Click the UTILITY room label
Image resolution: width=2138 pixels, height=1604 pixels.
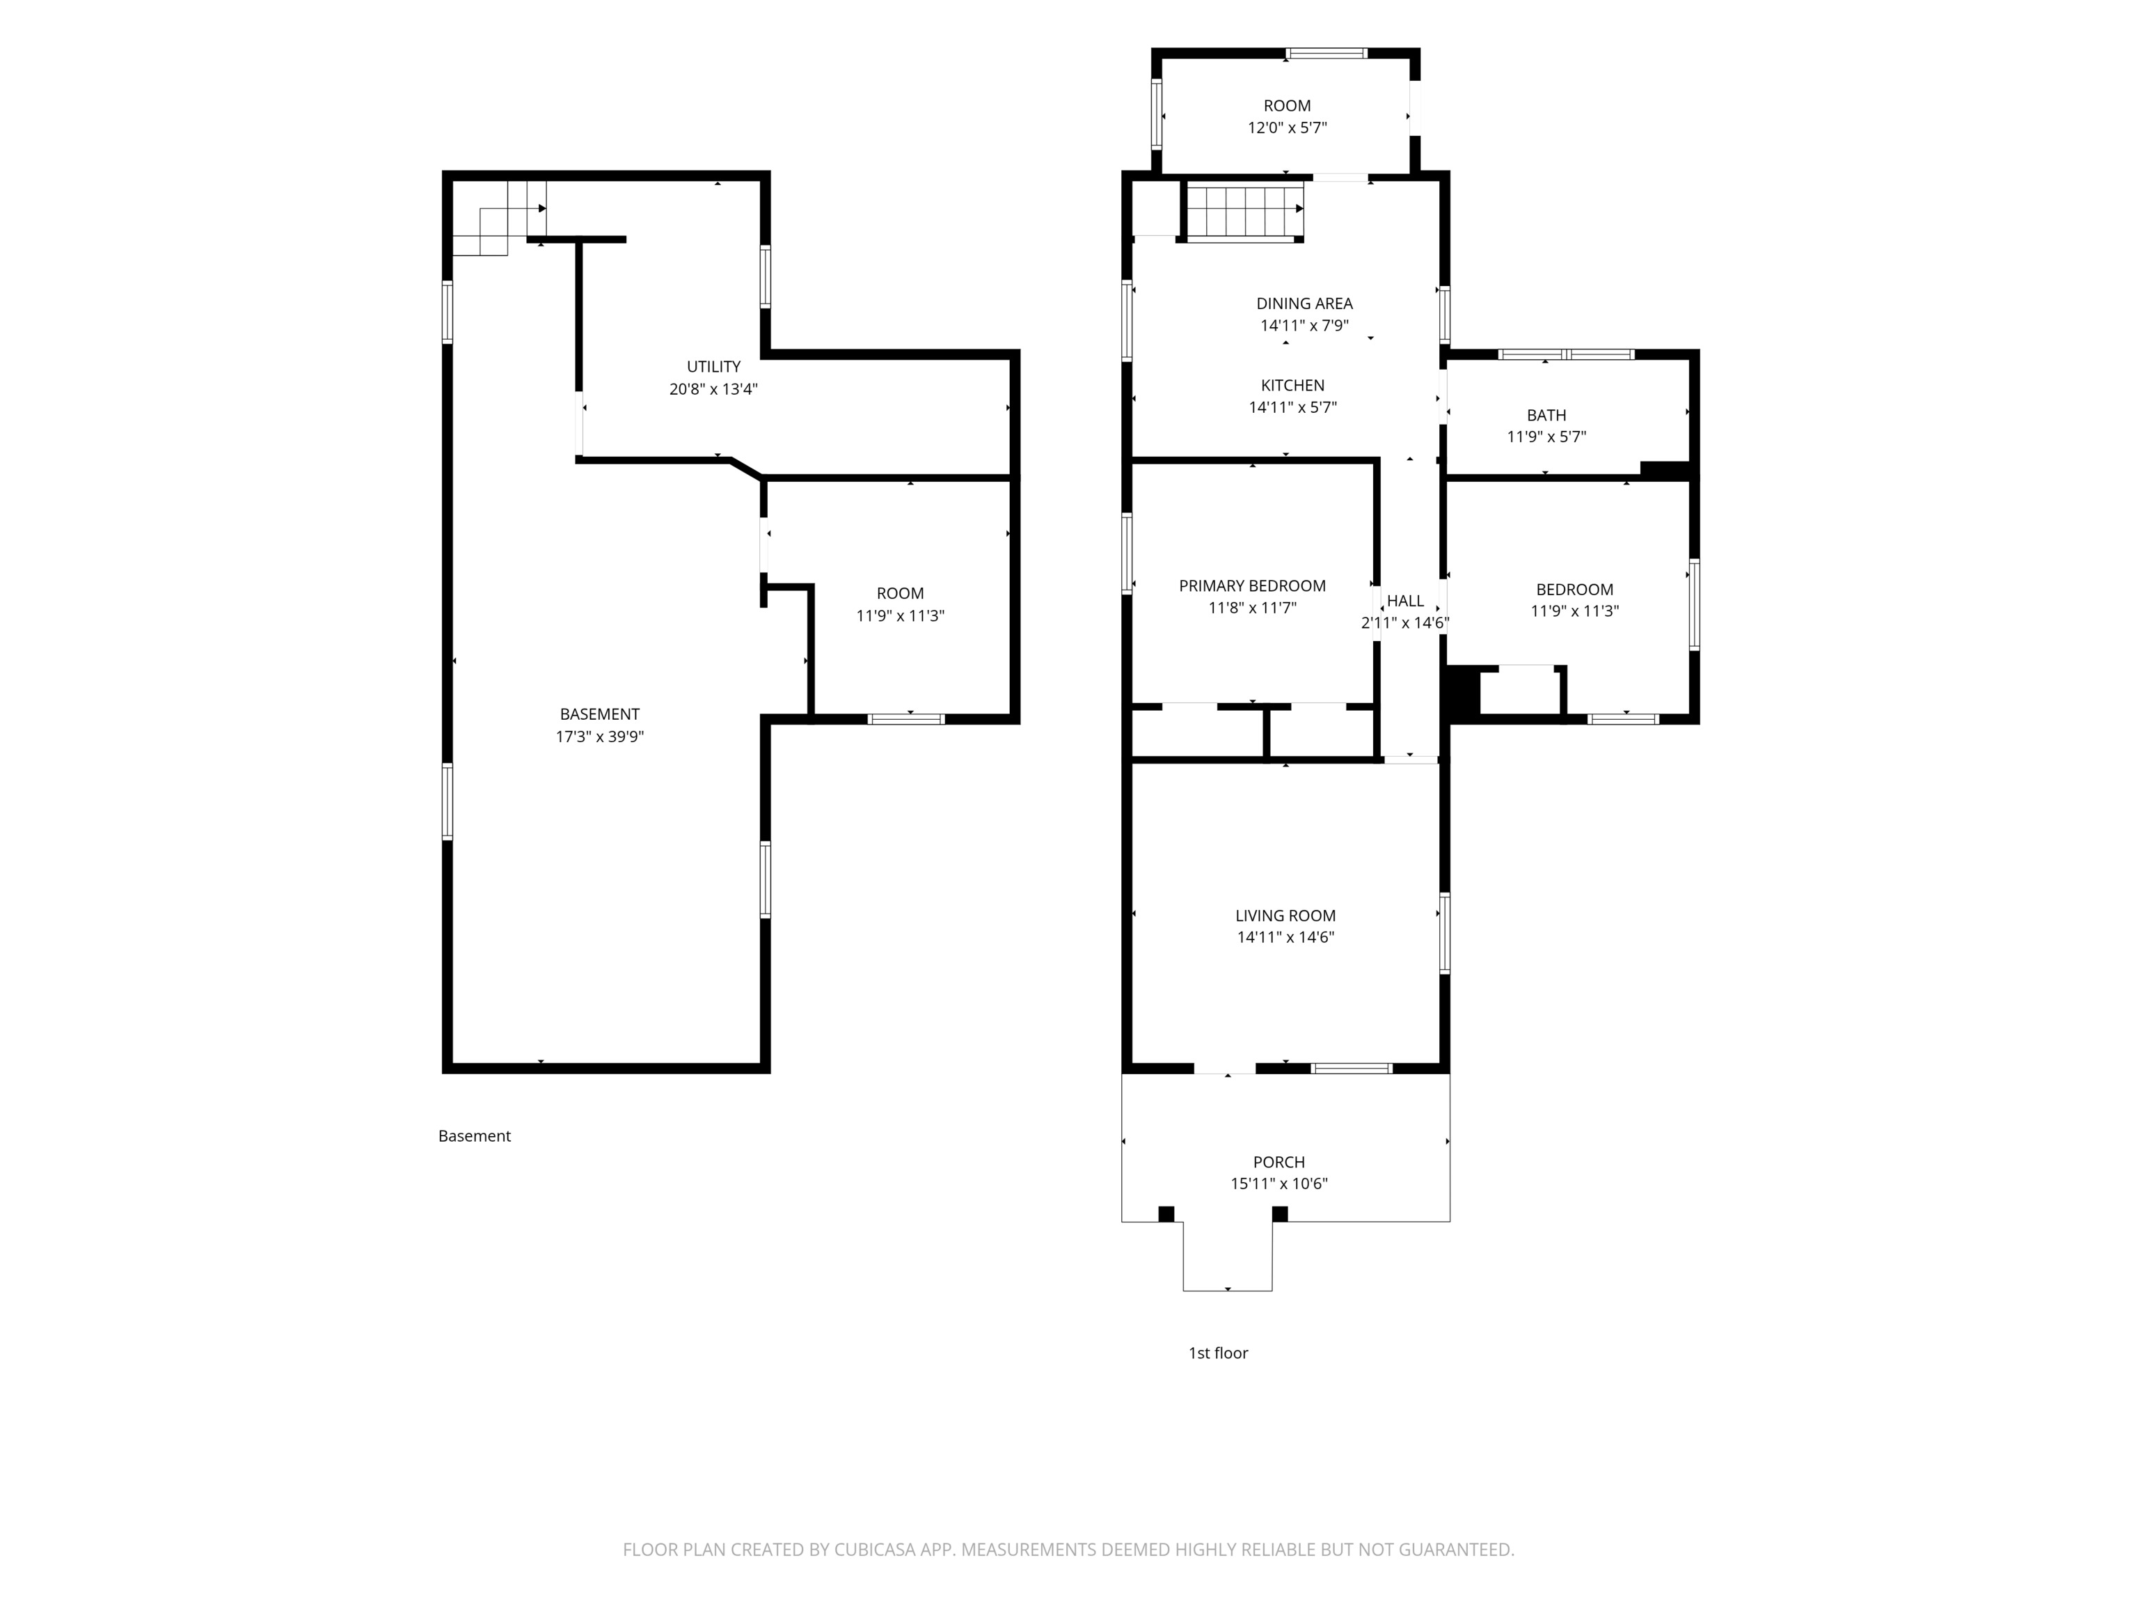(713, 366)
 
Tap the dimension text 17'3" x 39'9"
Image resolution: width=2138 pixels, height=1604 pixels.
(599, 737)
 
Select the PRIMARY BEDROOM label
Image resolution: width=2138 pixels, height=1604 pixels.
(1251, 586)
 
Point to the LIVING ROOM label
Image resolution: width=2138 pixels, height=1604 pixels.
(1285, 915)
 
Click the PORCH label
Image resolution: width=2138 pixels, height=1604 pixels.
(1278, 1162)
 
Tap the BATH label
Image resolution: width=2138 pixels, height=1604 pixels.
(1546, 415)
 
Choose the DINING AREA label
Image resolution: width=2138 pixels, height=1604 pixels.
(1304, 304)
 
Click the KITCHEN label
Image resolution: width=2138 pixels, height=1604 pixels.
(1292, 385)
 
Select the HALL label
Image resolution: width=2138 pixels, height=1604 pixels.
(1405, 600)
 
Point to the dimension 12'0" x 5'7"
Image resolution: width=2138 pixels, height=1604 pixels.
(1286, 127)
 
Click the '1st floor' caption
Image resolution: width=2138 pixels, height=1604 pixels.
(1218, 1353)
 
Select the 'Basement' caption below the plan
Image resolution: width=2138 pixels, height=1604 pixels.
(474, 1136)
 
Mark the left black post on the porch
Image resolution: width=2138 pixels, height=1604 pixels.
(1166, 1213)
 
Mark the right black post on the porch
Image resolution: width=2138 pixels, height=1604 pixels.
(1280, 1213)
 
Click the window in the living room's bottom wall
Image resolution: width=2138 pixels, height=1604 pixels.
(1352, 1069)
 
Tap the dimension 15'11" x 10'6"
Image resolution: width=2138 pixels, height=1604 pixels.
(1278, 1184)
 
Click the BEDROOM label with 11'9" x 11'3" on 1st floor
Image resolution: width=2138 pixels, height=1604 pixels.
(1574, 590)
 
